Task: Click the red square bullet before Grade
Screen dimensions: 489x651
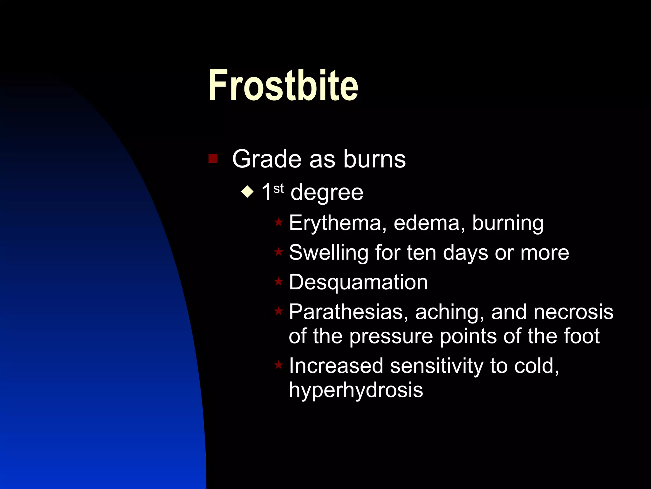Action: click(x=213, y=158)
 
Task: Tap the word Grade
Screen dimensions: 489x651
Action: click(x=266, y=159)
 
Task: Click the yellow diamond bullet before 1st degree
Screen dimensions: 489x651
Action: click(x=247, y=192)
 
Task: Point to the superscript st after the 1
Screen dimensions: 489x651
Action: click(x=278, y=188)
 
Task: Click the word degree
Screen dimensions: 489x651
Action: click(x=327, y=193)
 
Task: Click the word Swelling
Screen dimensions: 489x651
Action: click(x=328, y=253)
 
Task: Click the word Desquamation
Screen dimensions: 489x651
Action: click(x=358, y=282)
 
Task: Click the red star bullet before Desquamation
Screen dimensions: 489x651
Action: click(x=278, y=281)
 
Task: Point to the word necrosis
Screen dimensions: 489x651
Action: click(x=573, y=312)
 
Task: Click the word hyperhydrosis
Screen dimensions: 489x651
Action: click(x=356, y=390)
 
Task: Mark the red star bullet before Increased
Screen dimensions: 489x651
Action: click(x=278, y=365)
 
